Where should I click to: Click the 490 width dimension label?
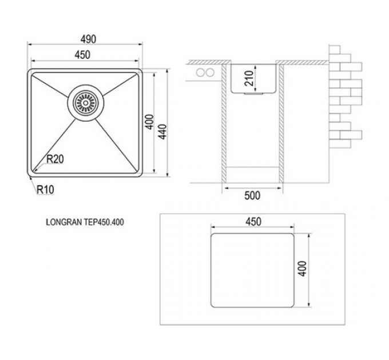88,39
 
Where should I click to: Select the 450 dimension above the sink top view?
82,55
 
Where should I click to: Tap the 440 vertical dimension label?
162,131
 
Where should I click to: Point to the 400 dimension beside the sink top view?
149,122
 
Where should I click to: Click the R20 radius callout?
55,159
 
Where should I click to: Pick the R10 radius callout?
45,190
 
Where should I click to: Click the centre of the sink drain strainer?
86,103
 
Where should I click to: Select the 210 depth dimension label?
249,78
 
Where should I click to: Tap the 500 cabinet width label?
252,195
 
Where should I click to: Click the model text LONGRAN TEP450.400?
85,222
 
